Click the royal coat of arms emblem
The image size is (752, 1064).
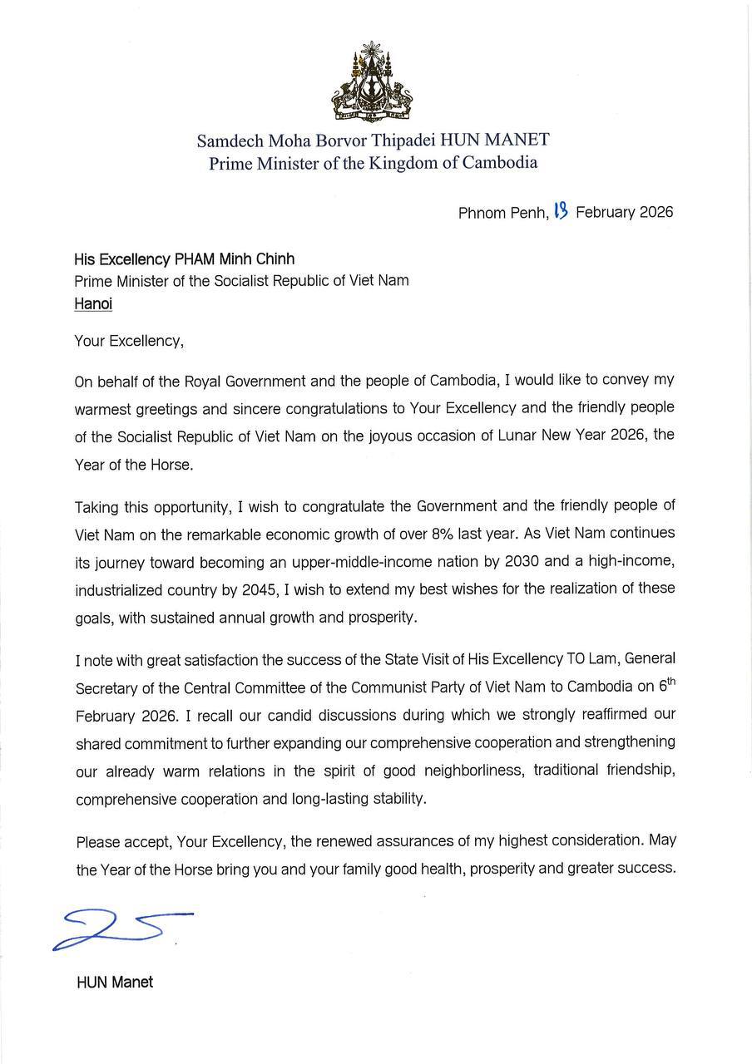click(x=374, y=81)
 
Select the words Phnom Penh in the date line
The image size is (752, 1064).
click(x=502, y=213)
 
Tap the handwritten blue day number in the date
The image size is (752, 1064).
click(x=561, y=210)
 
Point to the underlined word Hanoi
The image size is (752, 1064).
click(x=93, y=303)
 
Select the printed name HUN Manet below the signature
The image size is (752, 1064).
click(x=115, y=982)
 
